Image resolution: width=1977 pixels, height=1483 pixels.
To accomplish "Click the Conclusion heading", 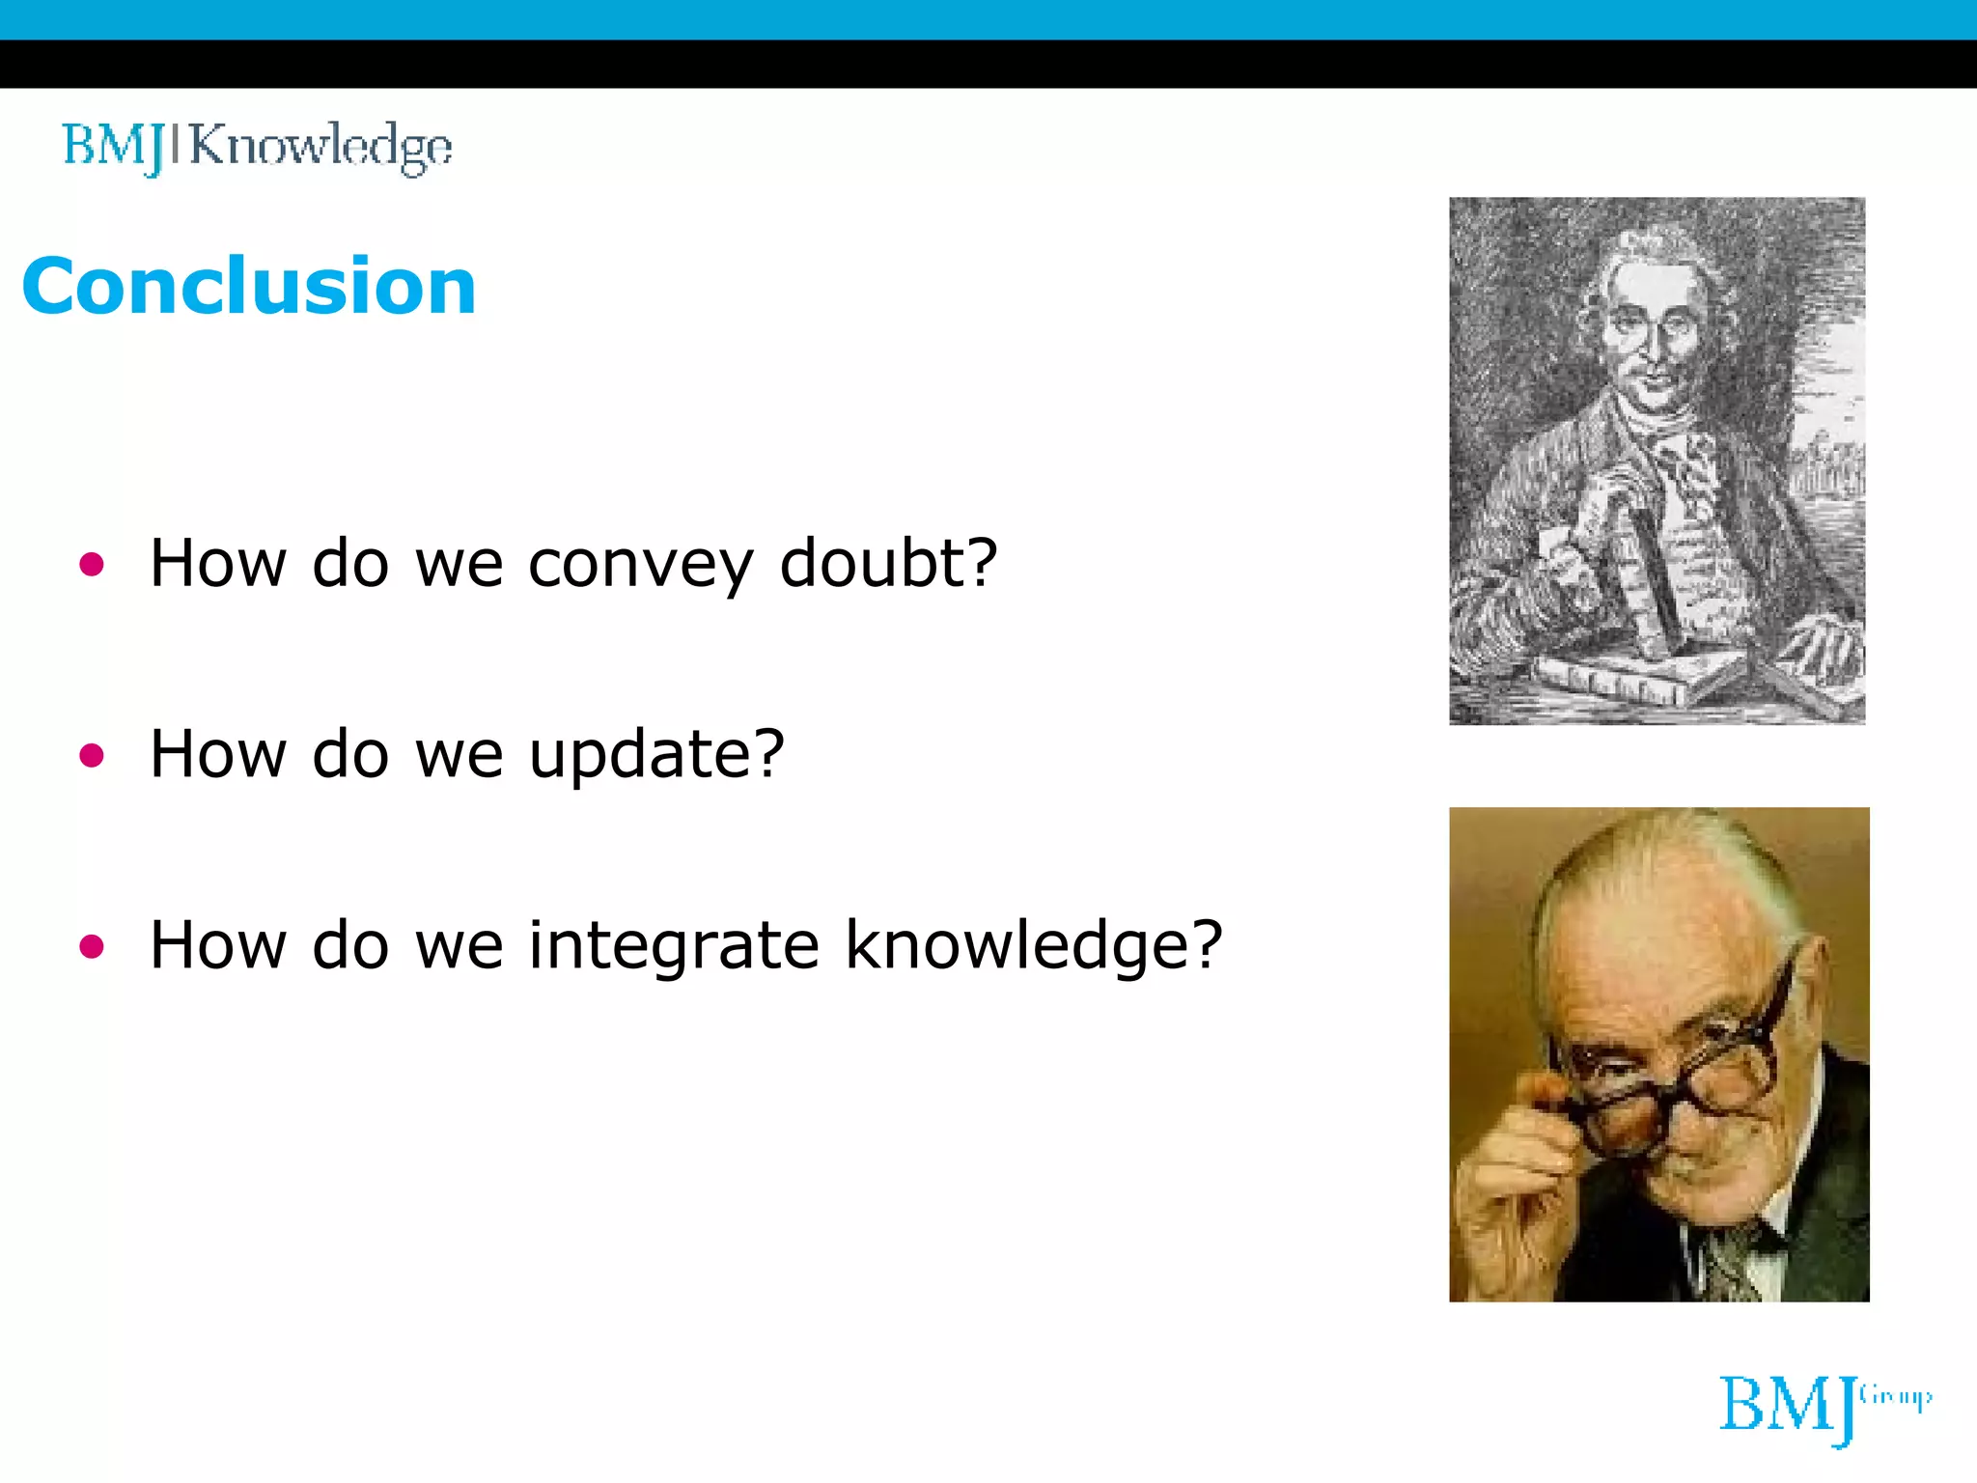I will coord(249,287).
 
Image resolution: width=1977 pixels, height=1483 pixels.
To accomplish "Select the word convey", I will coord(640,565).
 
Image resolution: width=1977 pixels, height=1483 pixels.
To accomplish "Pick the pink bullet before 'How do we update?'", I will coord(92,755).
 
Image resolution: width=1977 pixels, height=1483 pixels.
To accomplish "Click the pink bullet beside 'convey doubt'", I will coord(92,564).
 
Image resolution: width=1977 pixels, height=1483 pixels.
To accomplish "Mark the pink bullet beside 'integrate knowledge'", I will coord(92,946).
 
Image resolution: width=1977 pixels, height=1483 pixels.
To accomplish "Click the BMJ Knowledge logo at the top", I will coord(257,147).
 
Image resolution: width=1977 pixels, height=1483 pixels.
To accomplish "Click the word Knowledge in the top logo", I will coord(320,147).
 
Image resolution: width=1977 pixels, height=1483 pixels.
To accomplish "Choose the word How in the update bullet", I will coord(218,755).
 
